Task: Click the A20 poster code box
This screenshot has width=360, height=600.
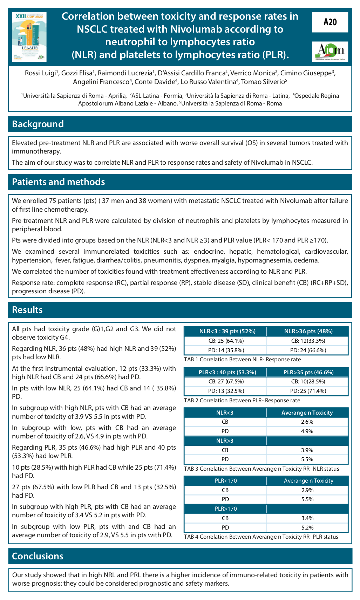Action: pos(330,22)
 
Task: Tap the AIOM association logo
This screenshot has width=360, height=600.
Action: pos(330,52)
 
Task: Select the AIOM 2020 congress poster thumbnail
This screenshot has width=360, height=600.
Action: pos(29,37)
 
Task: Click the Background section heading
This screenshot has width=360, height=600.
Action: pos(38,124)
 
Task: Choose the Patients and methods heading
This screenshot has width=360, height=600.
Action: pos(59,182)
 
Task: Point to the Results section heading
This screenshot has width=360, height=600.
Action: pos(27,310)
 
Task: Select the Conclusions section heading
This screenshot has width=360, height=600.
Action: pos(38,556)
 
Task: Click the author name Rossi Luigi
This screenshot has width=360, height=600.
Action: pos(40,73)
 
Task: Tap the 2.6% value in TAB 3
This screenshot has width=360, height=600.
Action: pos(307,422)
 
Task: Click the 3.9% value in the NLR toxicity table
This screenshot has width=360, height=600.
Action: pos(307,450)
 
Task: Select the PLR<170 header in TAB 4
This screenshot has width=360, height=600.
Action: pos(226,481)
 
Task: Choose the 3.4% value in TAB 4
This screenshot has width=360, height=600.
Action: pos(307,518)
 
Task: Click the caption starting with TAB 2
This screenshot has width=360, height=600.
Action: pos(242,400)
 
